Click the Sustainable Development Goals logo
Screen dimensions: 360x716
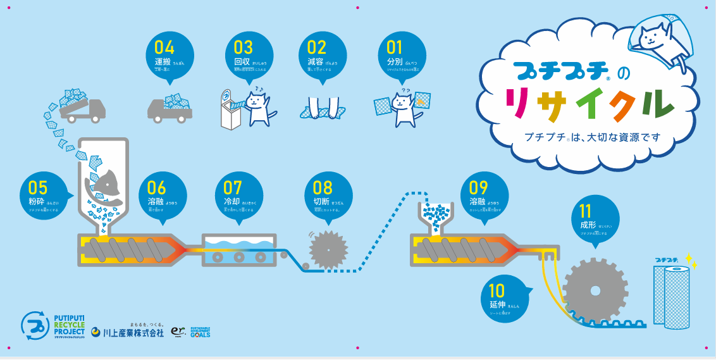coord(200,332)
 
